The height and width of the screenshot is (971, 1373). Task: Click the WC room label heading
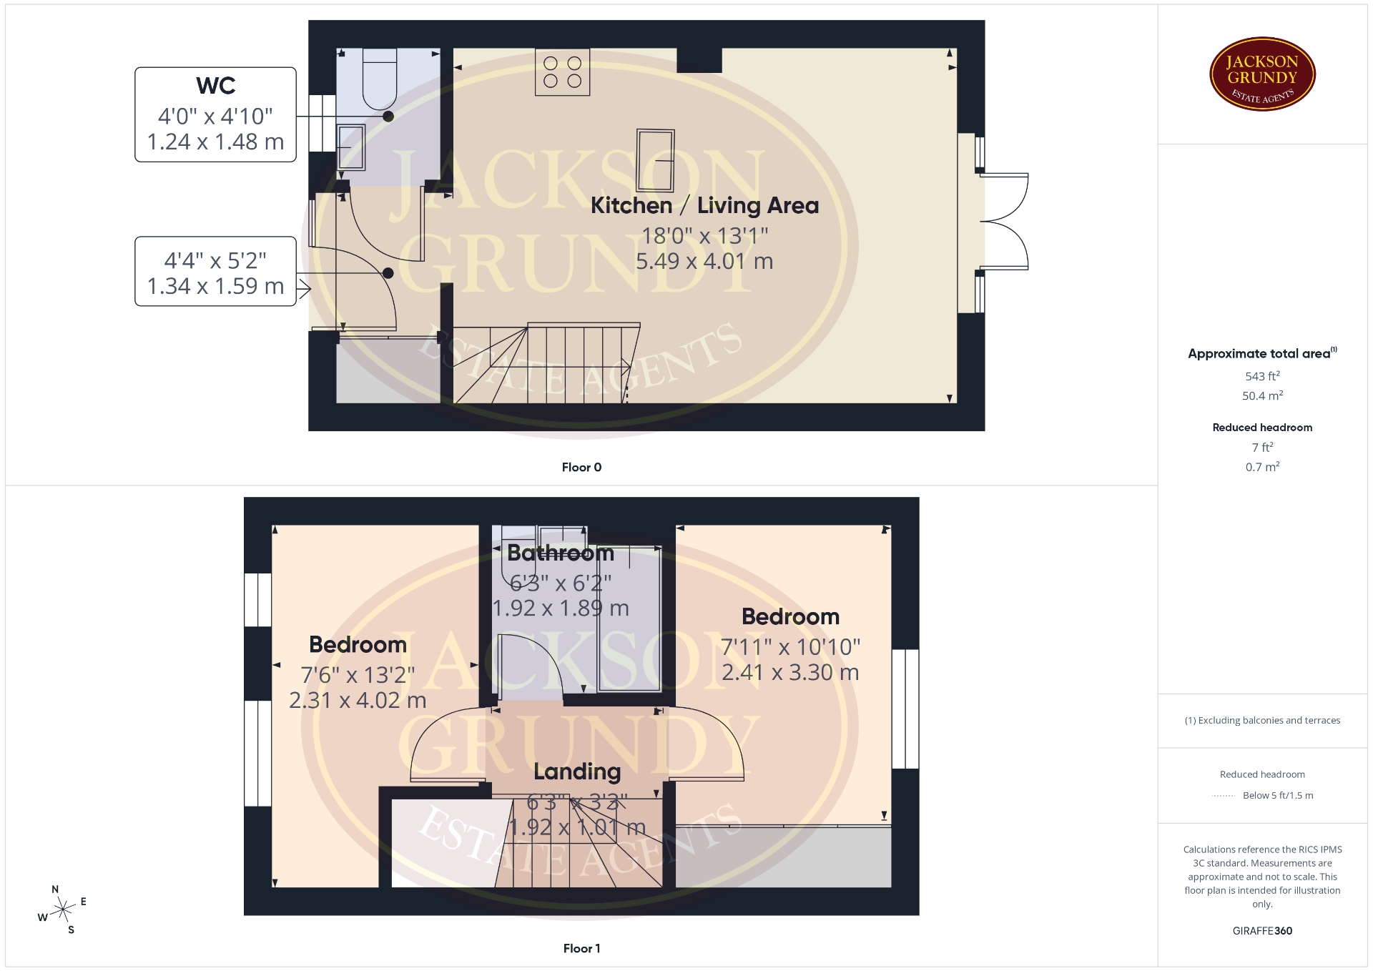click(215, 86)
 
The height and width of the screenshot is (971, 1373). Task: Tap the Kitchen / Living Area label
click(704, 206)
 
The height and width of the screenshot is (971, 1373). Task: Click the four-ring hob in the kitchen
click(563, 72)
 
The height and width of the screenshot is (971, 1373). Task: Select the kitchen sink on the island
click(655, 160)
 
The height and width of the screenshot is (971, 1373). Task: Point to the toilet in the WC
click(380, 79)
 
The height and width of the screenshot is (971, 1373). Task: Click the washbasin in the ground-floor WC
click(350, 147)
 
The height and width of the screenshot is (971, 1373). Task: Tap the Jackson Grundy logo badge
click(1262, 74)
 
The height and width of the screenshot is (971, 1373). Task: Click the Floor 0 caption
click(581, 468)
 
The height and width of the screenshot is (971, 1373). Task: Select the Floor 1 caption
click(581, 949)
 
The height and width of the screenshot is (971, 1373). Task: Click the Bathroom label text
click(561, 553)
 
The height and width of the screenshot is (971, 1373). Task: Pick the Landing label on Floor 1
click(577, 772)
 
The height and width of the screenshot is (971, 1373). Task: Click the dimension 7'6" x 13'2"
click(358, 674)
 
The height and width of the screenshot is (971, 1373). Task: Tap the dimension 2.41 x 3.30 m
click(790, 672)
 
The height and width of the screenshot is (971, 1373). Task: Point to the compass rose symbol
click(63, 910)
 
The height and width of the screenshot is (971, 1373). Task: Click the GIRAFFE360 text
click(1262, 931)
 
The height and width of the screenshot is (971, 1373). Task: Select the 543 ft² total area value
click(1262, 376)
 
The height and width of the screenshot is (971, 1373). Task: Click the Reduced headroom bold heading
click(1262, 428)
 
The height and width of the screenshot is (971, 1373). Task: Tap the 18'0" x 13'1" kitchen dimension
click(704, 235)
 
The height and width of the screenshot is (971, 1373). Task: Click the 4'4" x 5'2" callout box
click(215, 272)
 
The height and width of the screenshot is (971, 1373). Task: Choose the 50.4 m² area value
click(1262, 395)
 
